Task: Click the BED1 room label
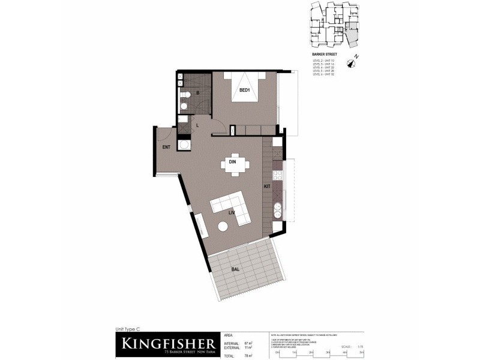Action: pos(244,91)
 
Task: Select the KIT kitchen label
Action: pos(267,187)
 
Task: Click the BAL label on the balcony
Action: pos(235,269)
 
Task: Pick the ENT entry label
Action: pos(167,147)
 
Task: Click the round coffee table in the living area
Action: pos(223,227)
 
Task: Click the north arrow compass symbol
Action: pos(356,58)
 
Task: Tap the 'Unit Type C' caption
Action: pos(127,329)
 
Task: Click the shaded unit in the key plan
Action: pos(352,38)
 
